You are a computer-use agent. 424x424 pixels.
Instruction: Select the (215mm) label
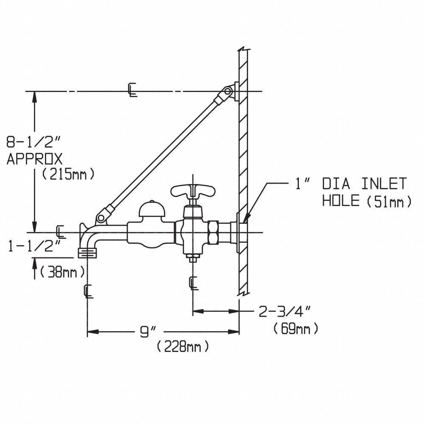69,174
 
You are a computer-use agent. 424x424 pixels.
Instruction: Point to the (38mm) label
62,273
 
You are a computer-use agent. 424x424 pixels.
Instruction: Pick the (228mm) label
183,347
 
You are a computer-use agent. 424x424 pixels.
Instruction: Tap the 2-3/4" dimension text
285,311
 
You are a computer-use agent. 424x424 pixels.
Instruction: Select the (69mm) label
296,329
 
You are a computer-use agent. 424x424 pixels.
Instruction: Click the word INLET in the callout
384,184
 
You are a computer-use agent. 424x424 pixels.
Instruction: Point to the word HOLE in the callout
341,201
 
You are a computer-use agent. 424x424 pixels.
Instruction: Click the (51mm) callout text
389,201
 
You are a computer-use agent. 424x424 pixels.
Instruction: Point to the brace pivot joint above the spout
101,218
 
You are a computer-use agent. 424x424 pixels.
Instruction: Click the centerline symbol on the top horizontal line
132,90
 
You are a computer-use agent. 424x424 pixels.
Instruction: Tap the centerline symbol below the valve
194,283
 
